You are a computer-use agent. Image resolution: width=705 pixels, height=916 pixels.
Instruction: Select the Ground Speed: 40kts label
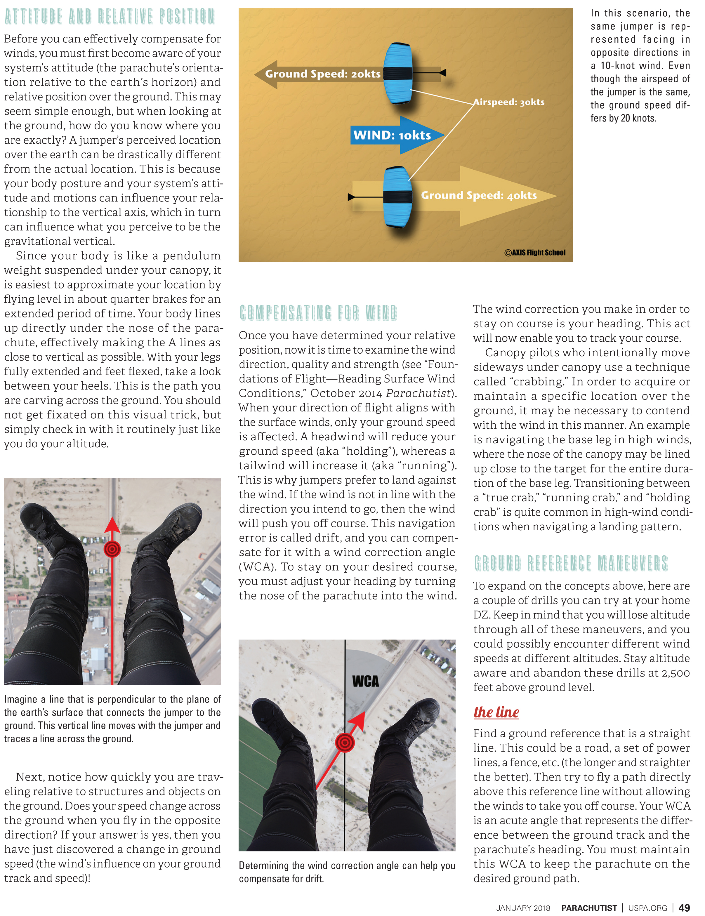pyautogui.click(x=479, y=195)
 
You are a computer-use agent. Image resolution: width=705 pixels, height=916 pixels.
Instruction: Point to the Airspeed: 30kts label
pyautogui.click(x=509, y=102)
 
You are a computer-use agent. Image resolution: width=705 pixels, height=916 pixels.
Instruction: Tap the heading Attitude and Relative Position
pyautogui.click(x=110, y=17)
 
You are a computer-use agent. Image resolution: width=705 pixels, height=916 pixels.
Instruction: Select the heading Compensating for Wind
pyautogui.click(x=318, y=313)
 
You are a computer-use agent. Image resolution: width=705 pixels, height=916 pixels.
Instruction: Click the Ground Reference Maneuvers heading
pyautogui.click(x=571, y=563)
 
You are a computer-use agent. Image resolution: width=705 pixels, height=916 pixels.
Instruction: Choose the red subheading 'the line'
pyautogui.click(x=496, y=712)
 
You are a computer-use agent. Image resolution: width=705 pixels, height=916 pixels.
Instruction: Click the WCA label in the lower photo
pyautogui.click(x=365, y=681)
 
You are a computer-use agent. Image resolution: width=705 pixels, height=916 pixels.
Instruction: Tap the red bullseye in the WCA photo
pyautogui.click(x=345, y=743)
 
